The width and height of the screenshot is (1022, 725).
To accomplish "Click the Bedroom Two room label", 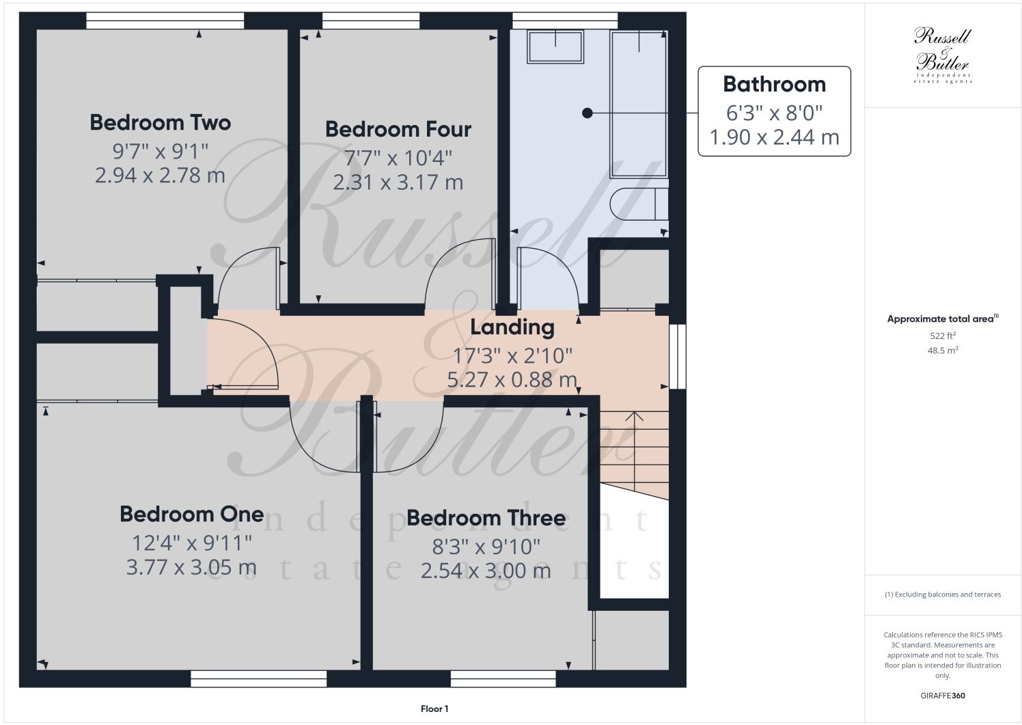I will [161, 122].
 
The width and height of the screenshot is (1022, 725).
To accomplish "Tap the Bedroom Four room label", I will [398, 129].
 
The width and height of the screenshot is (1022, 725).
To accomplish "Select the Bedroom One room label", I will [192, 514].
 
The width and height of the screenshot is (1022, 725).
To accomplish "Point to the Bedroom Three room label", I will [486, 518].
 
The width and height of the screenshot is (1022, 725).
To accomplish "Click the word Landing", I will [512, 327].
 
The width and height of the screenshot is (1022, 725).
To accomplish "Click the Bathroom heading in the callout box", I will [774, 84].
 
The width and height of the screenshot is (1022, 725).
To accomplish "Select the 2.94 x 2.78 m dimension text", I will [160, 176].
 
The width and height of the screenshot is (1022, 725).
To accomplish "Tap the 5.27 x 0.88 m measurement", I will [512, 379].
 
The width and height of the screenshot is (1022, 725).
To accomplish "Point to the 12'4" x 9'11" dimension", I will [192, 543].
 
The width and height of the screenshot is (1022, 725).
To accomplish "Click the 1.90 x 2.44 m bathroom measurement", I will [774, 137].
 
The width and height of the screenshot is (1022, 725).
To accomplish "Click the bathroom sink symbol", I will [555, 46].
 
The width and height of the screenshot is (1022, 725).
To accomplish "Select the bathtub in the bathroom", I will [639, 96].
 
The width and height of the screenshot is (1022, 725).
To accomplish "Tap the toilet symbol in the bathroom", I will [639, 203].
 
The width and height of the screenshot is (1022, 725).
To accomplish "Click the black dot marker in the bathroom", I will [587, 113].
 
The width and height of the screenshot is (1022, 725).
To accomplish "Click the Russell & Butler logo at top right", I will [942, 55].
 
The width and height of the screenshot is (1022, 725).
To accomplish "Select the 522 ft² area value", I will [942, 336].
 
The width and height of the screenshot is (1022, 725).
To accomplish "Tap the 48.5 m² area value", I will [942, 350].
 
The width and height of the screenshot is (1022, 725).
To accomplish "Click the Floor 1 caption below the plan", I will [434, 709].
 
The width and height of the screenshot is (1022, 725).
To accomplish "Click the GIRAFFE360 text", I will [942, 696].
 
